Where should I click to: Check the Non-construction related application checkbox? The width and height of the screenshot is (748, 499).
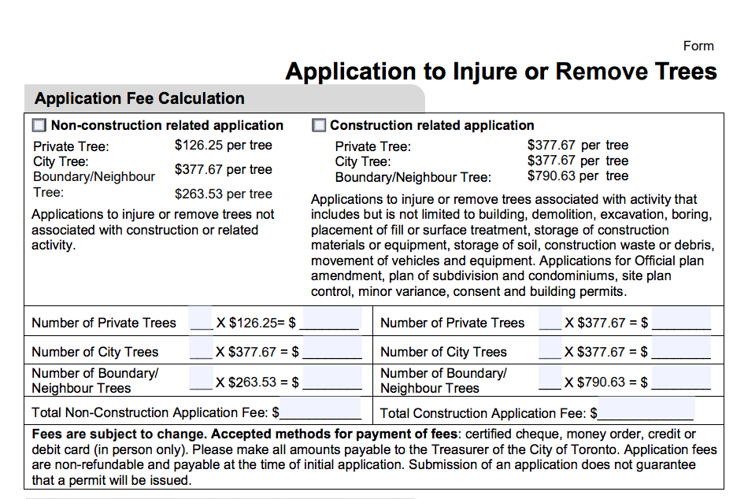pyautogui.click(x=39, y=126)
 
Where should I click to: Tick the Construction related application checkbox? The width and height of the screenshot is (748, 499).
pyautogui.click(x=319, y=126)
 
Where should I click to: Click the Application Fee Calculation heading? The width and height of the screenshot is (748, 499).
pyautogui.click(x=139, y=98)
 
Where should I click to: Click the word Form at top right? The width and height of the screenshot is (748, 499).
pyautogui.click(x=698, y=46)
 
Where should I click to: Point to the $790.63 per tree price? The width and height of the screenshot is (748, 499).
pyautogui.click(x=577, y=176)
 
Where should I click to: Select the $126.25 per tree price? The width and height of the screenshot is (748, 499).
pyautogui.click(x=223, y=145)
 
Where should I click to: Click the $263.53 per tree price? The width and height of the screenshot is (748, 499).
pyautogui.click(x=223, y=194)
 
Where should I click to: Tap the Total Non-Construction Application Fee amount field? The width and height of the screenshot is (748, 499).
pyautogui.click(x=320, y=411)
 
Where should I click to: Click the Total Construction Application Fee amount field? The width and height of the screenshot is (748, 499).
pyautogui.click(x=646, y=412)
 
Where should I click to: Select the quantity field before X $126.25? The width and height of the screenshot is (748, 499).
pyautogui.click(x=201, y=321)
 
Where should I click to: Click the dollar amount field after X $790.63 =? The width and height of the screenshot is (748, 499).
pyautogui.click(x=682, y=382)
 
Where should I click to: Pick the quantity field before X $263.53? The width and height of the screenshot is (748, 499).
pyautogui.click(x=201, y=381)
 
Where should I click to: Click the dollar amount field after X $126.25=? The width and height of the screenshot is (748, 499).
pyautogui.click(x=331, y=321)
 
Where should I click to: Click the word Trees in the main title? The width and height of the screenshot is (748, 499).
pyautogui.click(x=675, y=72)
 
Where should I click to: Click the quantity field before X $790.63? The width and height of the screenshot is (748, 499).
pyautogui.click(x=550, y=381)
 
